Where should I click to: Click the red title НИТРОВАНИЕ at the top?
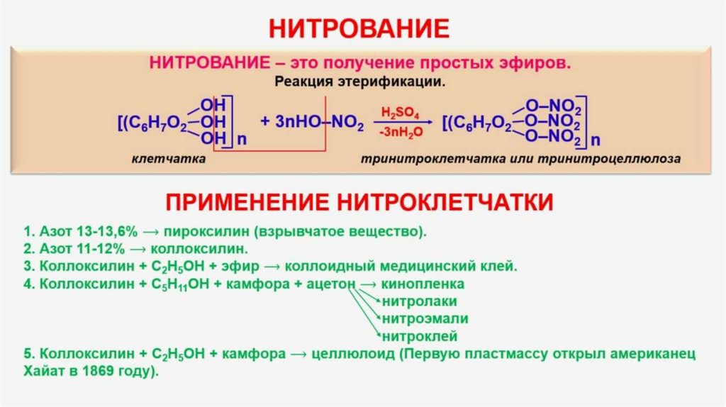click(x=359, y=28)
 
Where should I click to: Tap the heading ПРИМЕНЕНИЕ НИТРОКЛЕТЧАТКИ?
click(x=359, y=202)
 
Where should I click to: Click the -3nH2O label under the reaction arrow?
click(x=401, y=132)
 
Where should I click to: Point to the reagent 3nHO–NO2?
click(x=312, y=123)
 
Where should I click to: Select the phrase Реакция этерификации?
click(x=359, y=81)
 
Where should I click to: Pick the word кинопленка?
click(x=423, y=284)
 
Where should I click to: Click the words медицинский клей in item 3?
click(x=458, y=267)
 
